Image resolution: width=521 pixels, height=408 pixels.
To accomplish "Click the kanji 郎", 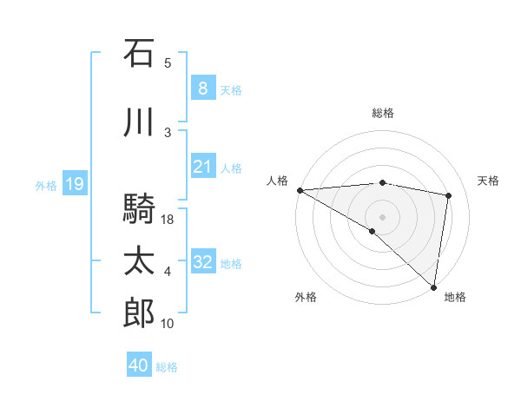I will pyautogui.click(x=139, y=313).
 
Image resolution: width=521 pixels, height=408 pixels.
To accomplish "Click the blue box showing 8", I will pyautogui.click(x=202, y=89).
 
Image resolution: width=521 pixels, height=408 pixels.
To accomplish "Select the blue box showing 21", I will pyautogui.click(x=202, y=167).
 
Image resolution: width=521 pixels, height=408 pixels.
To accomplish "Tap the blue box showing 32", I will pyautogui.click(x=202, y=262).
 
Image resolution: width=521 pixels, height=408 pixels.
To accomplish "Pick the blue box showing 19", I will pyautogui.click(x=74, y=184).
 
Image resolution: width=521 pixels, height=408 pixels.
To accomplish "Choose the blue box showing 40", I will pyautogui.click(x=139, y=365).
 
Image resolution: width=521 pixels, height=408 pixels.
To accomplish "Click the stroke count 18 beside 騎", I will pyautogui.click(x=168, y=220).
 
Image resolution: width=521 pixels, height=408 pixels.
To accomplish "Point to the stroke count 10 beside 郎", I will pyautogui.click(x=168, y=324).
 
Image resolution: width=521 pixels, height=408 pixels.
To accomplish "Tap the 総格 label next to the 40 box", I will pyautogui.click(x=167, y=367).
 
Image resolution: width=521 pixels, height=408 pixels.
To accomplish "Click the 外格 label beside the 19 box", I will pyautogui.click(x=45, y=185).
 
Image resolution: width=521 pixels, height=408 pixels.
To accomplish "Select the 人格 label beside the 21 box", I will pyautogui.click(x=231, y=168).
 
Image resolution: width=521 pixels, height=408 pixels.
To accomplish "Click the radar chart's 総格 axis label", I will pyautogui.click(x=383, y=113).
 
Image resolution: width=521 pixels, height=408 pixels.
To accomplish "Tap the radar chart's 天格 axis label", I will pyautogui.click(x=489, y=181).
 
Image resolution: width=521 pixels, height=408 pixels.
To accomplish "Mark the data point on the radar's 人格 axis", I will pyautogui.click(x=300, y=190).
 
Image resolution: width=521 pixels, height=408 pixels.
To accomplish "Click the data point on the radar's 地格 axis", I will pyautogui.click(x=432, y=286).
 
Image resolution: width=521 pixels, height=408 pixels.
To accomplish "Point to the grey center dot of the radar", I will pyautogui.click(x=382, y=215).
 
